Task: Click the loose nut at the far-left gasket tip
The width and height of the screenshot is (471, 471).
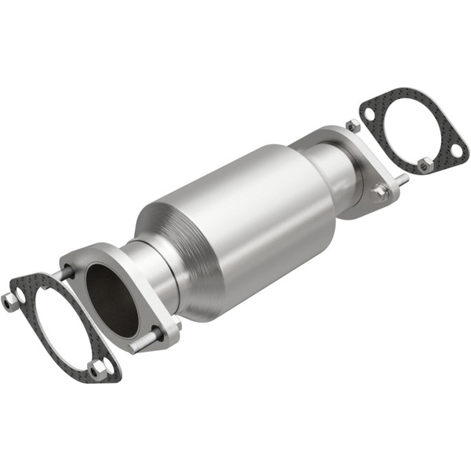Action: tap(9, 300)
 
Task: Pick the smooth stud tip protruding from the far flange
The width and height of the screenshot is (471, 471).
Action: tap(402, 181)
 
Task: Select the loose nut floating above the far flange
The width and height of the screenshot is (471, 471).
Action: tap(352, 126)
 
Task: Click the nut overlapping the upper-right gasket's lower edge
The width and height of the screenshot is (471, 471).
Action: tap(424, 164)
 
